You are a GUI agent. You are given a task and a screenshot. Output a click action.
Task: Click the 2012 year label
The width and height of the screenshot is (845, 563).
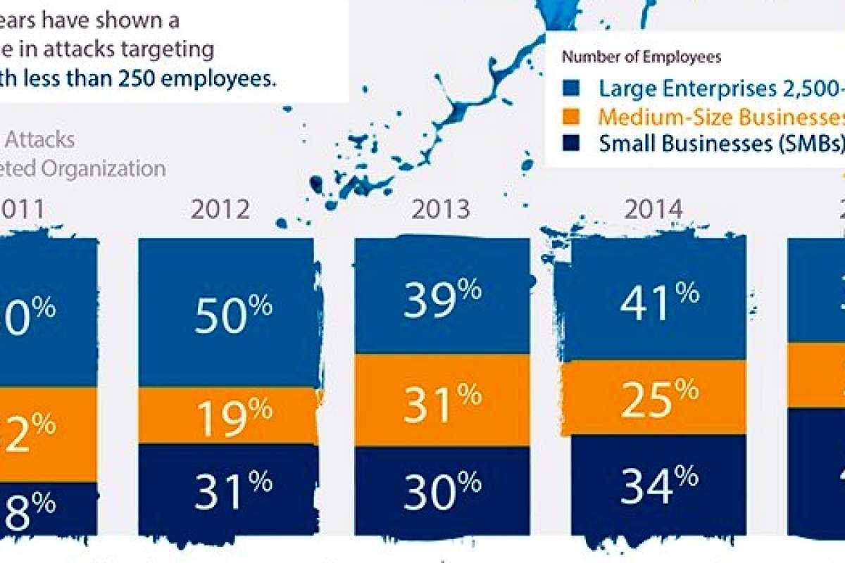click(220, 210)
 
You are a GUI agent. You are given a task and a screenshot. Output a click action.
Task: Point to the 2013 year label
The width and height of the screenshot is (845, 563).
click(442, 210)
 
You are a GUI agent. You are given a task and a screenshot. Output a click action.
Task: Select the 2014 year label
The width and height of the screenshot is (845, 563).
click(654, 210)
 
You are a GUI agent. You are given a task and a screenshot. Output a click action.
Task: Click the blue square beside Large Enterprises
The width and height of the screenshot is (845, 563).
click(572, 89)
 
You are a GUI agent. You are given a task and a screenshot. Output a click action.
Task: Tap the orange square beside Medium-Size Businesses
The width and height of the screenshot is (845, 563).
click(572, 116)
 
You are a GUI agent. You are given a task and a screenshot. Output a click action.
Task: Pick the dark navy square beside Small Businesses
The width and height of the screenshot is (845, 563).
click(572, 144)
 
